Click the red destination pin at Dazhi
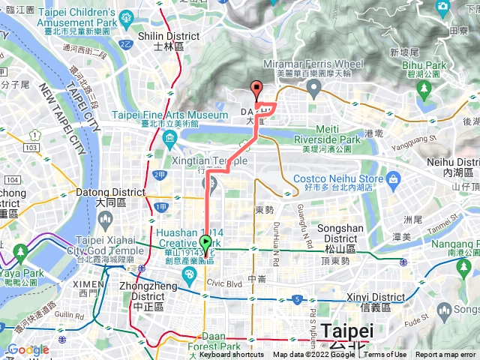(x=256, y=90)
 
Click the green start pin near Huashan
(x=205, y=244)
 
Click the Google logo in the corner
(x=28, y=349)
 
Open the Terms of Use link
(x=385, y=355)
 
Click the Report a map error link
(x=445, y=355)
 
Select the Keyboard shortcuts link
(x=232, y=355)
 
